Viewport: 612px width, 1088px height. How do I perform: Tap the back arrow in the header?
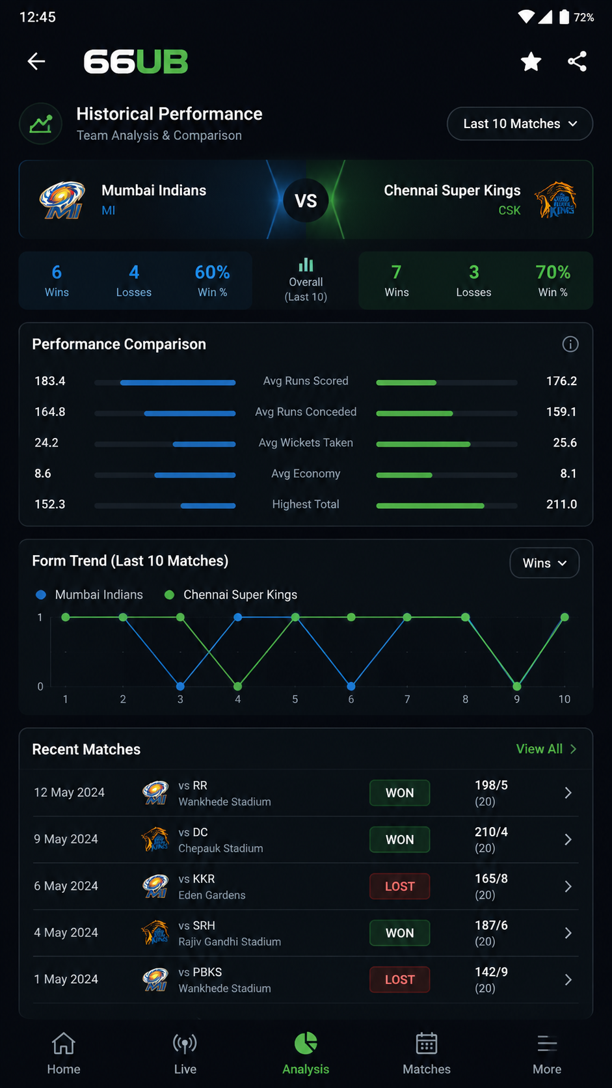tap(36, 61)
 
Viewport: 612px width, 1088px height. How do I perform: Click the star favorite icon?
tap(531, 62)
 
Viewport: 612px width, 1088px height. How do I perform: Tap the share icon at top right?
tap(577, 62)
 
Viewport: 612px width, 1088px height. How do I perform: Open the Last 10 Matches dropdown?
tap(520, 124)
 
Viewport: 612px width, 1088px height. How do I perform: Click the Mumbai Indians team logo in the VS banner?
tap(62, 200)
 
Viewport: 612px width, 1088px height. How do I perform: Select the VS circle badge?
tap(306, 200)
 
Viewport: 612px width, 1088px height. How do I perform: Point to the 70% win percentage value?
tap(553, 272)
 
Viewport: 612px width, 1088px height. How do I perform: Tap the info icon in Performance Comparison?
tap(570, 344)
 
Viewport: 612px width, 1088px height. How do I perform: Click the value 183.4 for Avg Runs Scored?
tap(50, 381)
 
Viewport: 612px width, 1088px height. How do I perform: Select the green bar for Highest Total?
tap(430, 506)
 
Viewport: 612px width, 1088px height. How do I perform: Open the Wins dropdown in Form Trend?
tap(544, 563)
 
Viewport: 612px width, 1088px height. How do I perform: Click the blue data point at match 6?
tap(351, 687)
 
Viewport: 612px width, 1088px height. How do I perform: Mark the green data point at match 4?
tap(238, 687)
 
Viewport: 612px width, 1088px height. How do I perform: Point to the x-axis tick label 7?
tap(407, 699)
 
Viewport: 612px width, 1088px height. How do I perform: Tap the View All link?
tap(546, 749)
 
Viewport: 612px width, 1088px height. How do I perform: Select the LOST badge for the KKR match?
tap(399, 886)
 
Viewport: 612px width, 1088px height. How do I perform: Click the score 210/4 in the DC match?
tap(491, 832)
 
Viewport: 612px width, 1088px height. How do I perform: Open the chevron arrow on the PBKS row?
tap(568, 980)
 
